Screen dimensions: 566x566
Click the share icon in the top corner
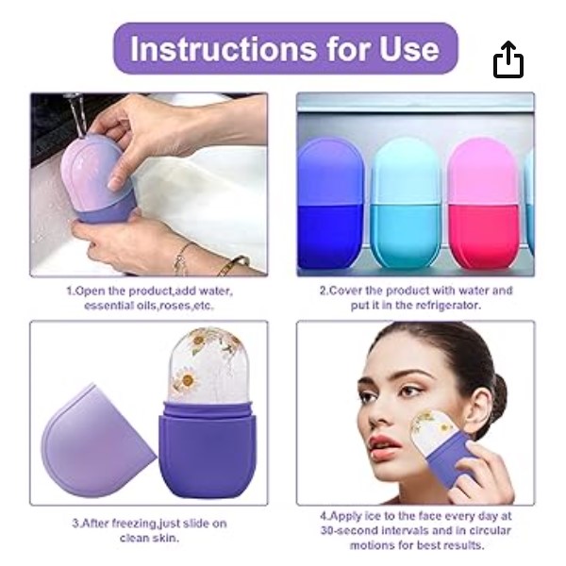tap(508, 59)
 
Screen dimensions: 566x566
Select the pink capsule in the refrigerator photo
tap(485, 203)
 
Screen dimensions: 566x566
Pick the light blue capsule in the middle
tap(406, 203)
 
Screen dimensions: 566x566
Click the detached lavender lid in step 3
tap(97, 441)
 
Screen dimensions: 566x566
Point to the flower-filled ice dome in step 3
tap(209, 365)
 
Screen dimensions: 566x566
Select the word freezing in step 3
tap(134, 523)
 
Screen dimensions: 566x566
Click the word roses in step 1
tap(175, 306)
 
